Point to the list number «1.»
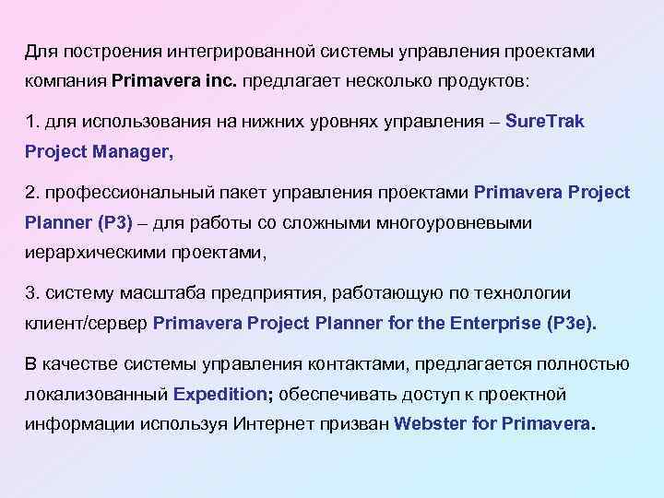tap(32, 121)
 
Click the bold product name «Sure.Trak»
tap(546, 121)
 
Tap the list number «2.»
tap(33, 192)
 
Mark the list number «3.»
tap(33, 293)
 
